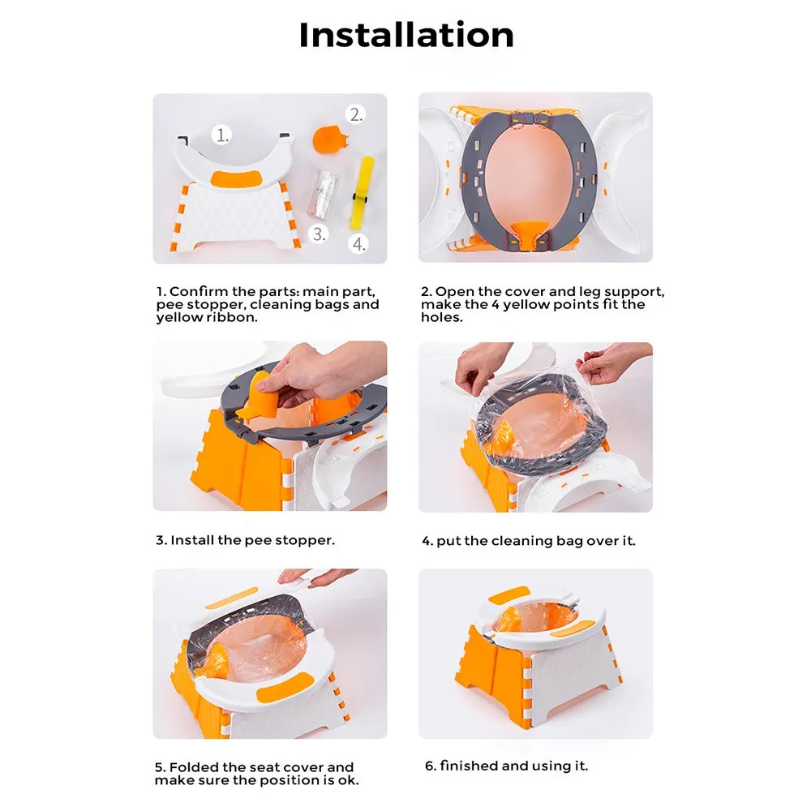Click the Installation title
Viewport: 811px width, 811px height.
click(406, 35)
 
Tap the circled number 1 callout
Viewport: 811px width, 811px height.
click(222, 135)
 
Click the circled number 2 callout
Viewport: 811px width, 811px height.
click(356, 114)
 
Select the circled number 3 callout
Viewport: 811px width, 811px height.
click(319, 234)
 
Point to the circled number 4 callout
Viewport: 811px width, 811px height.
click(358, 243)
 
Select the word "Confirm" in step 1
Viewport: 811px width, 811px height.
click(200, 291)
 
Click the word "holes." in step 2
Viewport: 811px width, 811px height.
click(442, 317)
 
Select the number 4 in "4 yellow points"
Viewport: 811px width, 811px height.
click(495, 304)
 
